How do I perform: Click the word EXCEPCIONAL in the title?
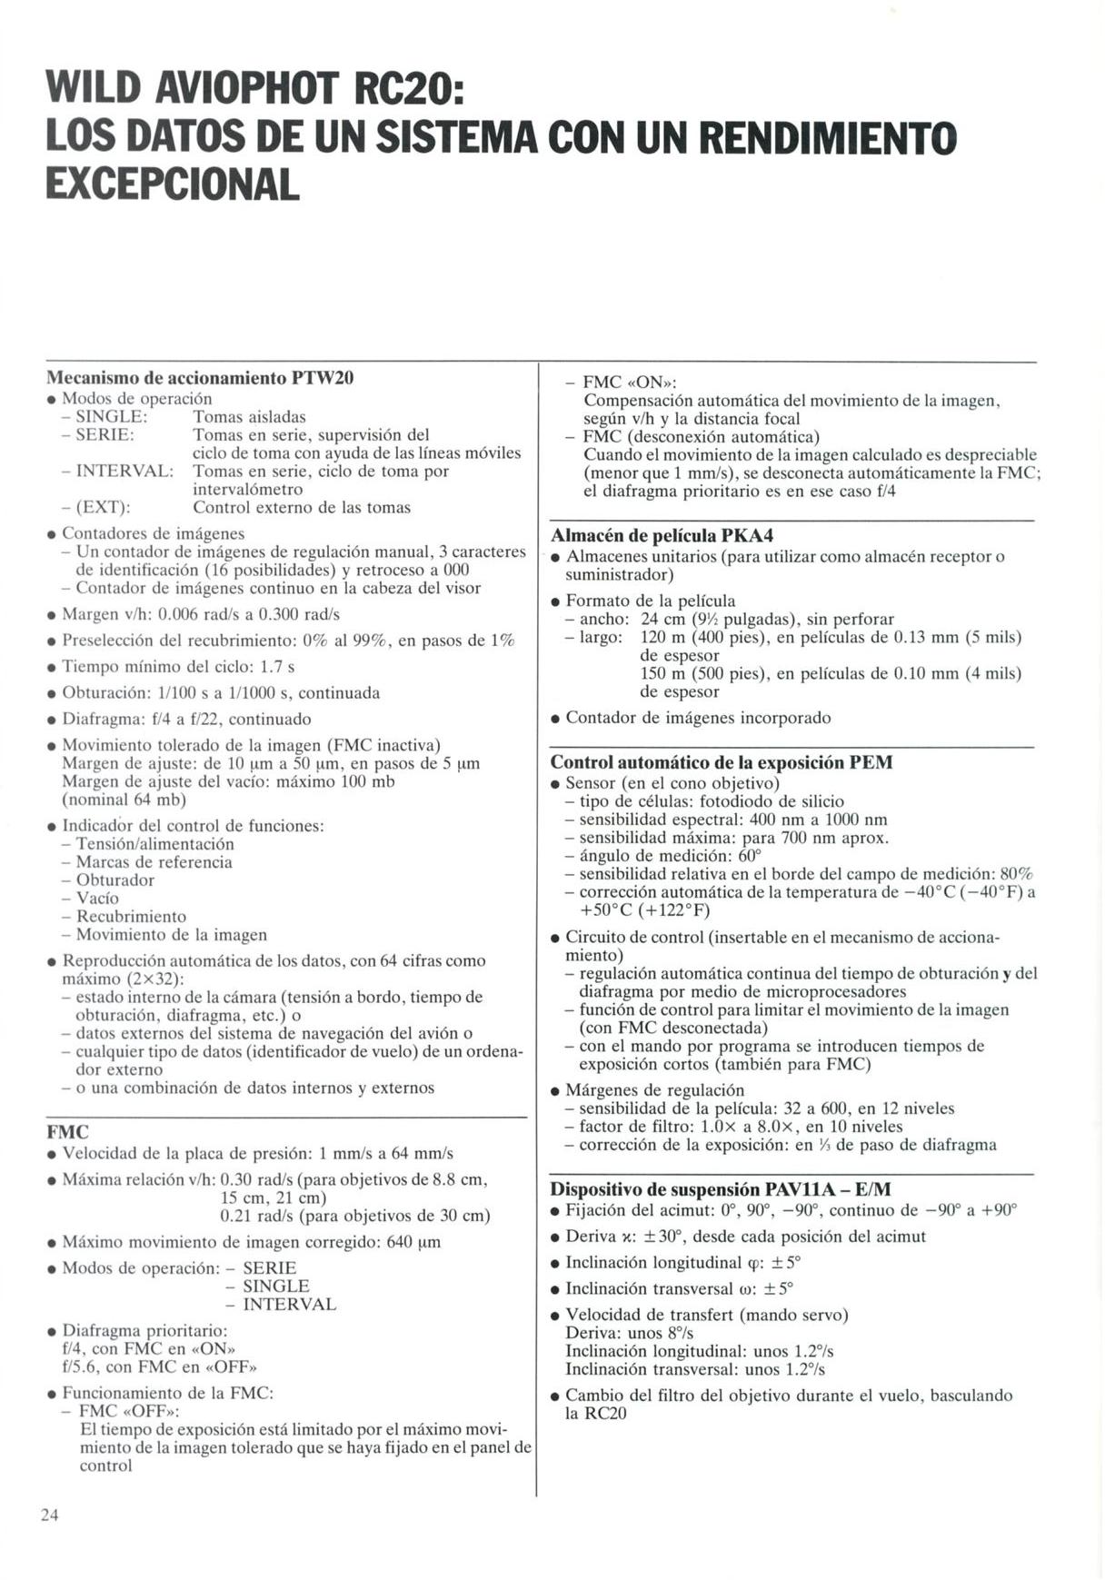(x=173, y=184)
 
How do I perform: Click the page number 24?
(x=49, y=1515)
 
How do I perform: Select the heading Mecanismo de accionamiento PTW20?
(x=200, y=377)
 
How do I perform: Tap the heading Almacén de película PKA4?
(x=662, y=535)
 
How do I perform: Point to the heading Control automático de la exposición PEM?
(x=722, y=762)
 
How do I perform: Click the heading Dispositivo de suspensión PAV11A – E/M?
(x=721, y=1189)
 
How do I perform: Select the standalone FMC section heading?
(x=67, y=1132)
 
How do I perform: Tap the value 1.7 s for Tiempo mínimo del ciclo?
(x=277, y=667)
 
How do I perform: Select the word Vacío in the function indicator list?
(x=97, y=898)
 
